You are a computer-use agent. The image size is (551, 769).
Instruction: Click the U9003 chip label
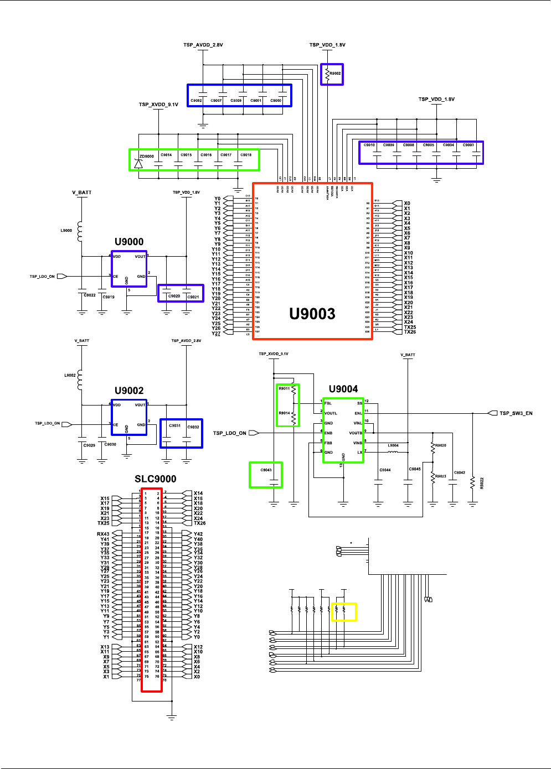point(312,314)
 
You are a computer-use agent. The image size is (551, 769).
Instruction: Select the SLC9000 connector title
point(155,479)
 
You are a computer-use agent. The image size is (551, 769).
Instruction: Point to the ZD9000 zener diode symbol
point(138,163)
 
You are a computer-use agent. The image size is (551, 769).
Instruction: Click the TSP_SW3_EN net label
point(516,413)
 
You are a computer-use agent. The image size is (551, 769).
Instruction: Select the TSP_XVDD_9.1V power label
point(158,105)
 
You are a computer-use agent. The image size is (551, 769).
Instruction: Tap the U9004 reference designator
point(343,389)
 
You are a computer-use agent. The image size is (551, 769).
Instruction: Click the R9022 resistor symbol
point(472,483)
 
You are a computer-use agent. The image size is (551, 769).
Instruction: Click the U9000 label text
point(129,242)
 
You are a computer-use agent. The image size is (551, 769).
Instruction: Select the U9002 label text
point(129,391)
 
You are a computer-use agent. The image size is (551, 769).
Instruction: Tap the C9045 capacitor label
point(415,469)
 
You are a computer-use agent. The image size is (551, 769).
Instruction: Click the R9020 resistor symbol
point(432,448)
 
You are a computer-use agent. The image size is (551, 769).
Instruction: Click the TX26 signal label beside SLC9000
point(199,523)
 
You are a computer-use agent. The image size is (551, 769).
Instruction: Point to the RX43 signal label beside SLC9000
point(103,534)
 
